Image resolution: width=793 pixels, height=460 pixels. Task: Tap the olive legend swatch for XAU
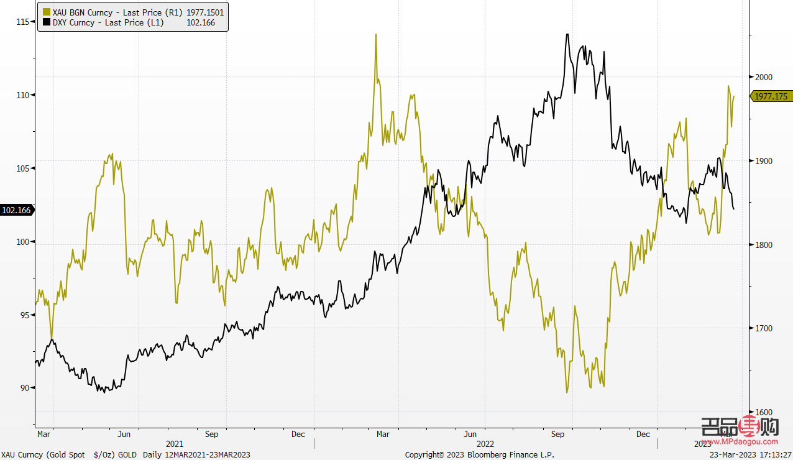(47, 12)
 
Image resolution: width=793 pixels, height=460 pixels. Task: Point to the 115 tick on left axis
(24, 22)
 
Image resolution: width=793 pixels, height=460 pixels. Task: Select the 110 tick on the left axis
(24, 95)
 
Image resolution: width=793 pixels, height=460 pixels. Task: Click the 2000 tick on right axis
(763, 77)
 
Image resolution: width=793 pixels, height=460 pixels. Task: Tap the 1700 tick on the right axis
(763, 328)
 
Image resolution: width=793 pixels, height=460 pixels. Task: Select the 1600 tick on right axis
(763, 412)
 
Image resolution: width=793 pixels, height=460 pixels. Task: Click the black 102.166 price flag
(17, 211)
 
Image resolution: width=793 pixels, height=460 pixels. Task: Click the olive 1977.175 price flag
(771, 96)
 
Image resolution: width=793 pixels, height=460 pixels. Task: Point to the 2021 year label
(175, 444)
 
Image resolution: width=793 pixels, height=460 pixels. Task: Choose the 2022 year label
(485, 444)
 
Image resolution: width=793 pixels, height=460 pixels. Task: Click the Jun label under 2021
(124, 434)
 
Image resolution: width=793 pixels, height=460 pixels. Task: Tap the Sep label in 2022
(557, 434)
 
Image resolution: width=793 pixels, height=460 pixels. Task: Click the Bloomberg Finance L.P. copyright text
(479, 455)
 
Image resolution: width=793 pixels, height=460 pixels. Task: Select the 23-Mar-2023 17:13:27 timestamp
(750, 455)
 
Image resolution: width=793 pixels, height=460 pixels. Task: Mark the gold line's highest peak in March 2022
(376, 35)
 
